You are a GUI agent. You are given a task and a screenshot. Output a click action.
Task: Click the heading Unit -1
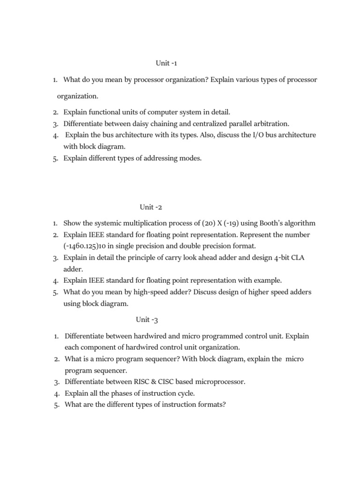(x=167, y=63)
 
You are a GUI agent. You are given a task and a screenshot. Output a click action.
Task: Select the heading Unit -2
(x=150, y=207)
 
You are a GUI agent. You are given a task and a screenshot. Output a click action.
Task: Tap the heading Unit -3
(x=147, y=320)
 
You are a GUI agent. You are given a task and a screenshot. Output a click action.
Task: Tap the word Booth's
(x=271, y=223)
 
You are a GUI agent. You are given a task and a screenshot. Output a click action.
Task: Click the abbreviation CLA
(x=289, y=257)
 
